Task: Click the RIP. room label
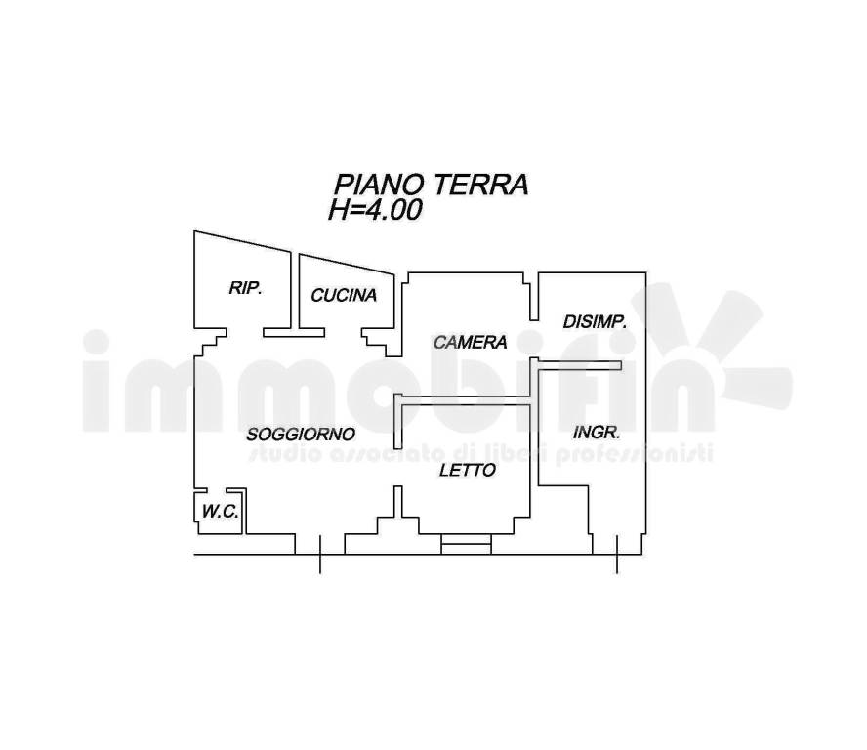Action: (x=245, y=288)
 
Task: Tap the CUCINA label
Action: (x=344, y=295)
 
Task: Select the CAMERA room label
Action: (x=470, y=343)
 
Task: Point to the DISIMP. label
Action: (x=595, y=322)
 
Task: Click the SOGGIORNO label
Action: (x=301, y=435)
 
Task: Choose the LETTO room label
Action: (x=468, y=470)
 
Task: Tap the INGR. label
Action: (x=597, y=432)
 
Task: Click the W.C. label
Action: (x=220, y=512)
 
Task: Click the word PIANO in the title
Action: (x=379, y=185)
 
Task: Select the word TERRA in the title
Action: (x=480, y=185)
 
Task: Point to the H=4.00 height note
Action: (x=376, y=210)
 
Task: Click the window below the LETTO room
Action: (x=466, y=544)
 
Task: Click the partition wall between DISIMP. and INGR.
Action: (x=580, y=365)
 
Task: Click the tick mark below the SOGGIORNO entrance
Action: (x=319, y=555)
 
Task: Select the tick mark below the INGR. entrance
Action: (x=617, y=555)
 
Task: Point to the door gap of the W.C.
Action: (x=217, y=490)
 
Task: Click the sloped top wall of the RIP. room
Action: (x=242, y=242)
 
